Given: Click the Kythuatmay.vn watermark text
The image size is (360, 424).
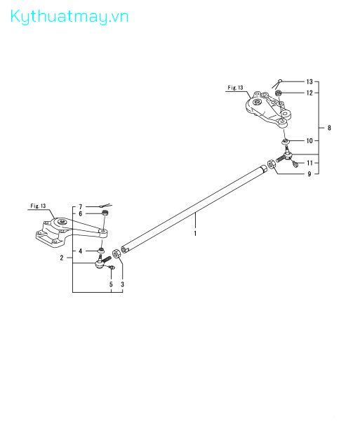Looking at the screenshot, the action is [x=69, y=17].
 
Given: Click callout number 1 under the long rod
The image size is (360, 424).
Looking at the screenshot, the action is [x=195, y=233].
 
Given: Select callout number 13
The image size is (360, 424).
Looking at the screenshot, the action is [x=309, y=81].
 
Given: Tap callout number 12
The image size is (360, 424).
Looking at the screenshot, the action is [x=309, y=93].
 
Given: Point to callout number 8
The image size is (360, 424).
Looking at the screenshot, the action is [x=329, y=128].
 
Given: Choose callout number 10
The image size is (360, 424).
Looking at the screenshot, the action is [x=309, y=140].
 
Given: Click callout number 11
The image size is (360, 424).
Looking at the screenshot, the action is [x=309, y=163].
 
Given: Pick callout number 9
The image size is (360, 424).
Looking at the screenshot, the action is [x=309, y=174].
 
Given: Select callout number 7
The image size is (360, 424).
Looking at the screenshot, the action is [x=80, y=207].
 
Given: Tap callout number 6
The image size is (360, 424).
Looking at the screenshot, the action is [x=80, y=213].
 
